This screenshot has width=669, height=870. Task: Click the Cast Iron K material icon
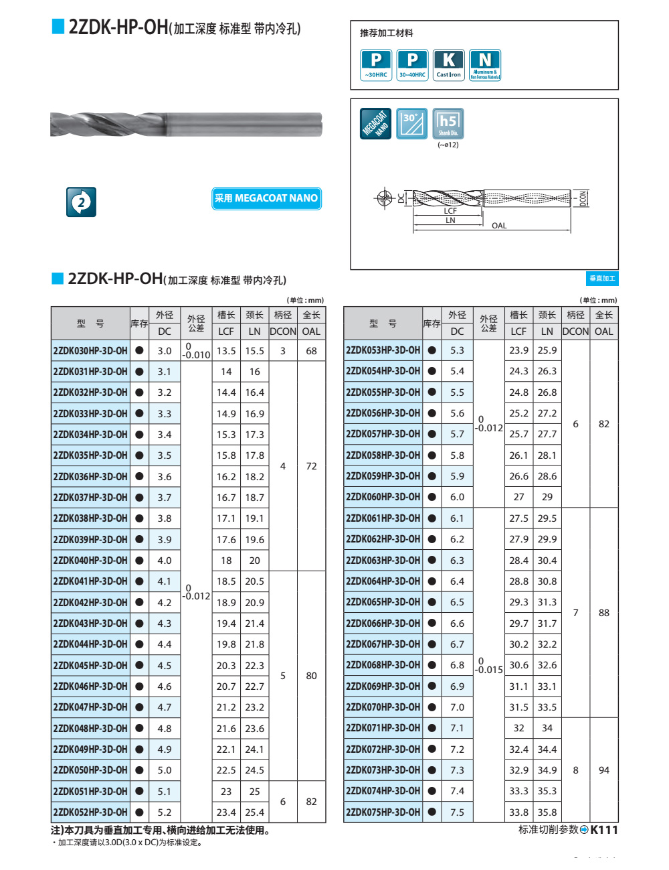click(x=448, y=65)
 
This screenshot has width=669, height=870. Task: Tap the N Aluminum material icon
click(x=485, y=65)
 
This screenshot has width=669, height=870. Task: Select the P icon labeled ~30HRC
click(x=376, y=65)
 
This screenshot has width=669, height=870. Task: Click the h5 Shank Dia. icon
click(x=448, y=124)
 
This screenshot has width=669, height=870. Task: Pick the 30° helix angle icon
click(x=411, y=124)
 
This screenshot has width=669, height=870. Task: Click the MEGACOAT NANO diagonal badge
click(x=376, y=124)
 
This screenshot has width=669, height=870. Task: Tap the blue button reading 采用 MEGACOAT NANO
click(x=266, y=198)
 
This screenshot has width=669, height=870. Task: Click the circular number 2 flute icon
click(x=81, y=202)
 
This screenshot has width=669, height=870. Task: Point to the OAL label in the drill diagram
click(x=499, y=226)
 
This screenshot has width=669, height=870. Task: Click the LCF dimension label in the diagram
click(x=450, y=210)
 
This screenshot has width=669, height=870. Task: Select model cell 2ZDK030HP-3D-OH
click(x=90, y=350)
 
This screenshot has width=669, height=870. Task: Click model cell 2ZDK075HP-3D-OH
click(x=383, y=812)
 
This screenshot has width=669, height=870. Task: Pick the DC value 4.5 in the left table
click(x=165, y=665)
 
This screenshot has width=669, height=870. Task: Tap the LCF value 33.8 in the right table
click(x=518, y=812)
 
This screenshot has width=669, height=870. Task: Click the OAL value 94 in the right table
click(x=604, y=770)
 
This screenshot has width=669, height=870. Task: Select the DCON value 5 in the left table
click(x=283, y=676)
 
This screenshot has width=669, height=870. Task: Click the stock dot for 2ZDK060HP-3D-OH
click(x=432, y=497)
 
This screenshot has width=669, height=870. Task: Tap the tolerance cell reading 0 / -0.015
click(x=488, y=665)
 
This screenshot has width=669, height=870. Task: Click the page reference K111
click(x=604, y=830)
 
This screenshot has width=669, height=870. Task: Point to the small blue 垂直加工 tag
click(x=602, y=279)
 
